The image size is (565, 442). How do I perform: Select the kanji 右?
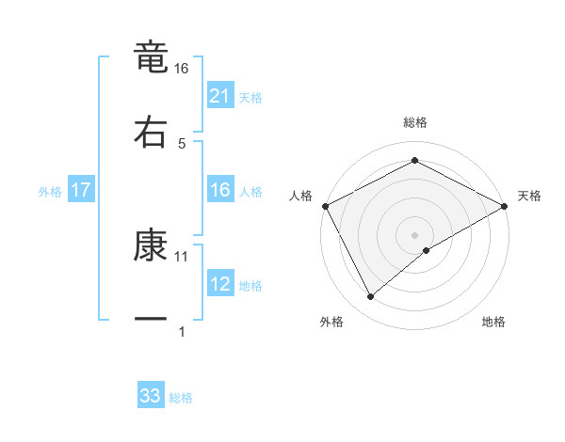coord(151,131)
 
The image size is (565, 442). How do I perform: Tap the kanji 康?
coord(151,245)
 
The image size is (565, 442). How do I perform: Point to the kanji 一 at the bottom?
coord(151,320)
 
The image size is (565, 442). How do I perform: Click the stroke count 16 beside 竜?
coord(182,69)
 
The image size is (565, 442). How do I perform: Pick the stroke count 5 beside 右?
coord(182,143)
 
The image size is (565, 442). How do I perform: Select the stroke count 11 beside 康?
coord(182,256)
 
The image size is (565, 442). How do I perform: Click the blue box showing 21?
coord(220,96)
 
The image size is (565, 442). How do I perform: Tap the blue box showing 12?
coord(220,284)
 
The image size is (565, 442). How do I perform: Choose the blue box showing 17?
coord(81,190)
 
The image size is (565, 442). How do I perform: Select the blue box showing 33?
coord(151,396)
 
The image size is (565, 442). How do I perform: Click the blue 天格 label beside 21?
coord(250,97)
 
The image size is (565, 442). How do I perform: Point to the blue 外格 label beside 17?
coord(50,191)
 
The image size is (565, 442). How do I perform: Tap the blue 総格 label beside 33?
coord(181,397)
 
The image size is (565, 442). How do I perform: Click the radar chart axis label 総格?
coord(415,122)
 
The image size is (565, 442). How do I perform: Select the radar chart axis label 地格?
coord(493,322)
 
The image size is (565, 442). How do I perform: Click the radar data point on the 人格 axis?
coord(325,206)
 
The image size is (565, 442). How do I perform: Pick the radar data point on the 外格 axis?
coord(371,296)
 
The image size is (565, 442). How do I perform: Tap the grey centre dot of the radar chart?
coord(415,234)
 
